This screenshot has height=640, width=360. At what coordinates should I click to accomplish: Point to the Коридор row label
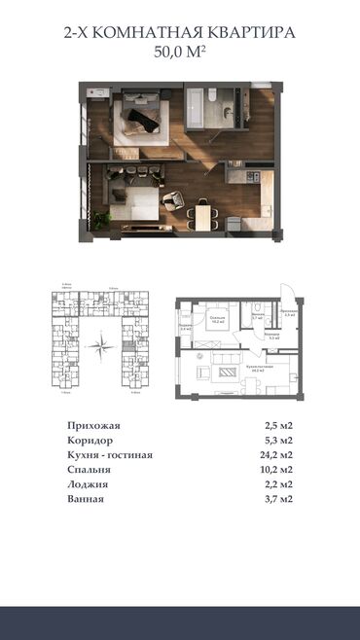tap(90, 441)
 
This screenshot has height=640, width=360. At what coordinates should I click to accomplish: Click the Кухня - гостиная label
tap(110, 455)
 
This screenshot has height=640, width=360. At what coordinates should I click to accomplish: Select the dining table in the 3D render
tap(203, 211)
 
